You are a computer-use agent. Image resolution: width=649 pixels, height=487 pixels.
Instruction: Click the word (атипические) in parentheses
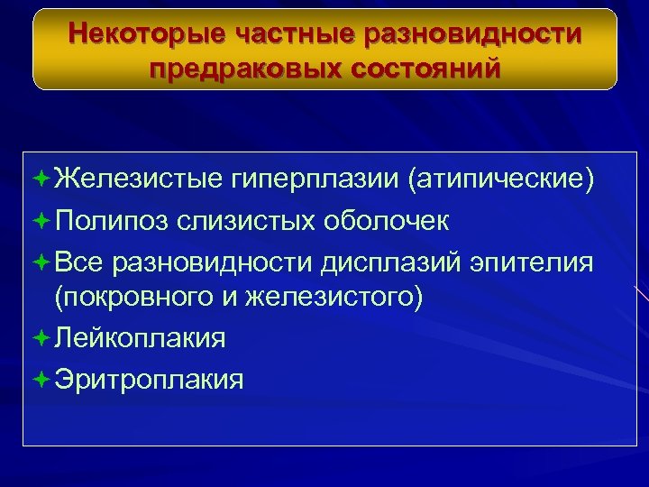point(501,179)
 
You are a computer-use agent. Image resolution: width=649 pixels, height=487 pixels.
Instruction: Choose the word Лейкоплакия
point(140,338)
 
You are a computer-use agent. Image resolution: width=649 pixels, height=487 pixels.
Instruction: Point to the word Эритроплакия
point(149,379)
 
